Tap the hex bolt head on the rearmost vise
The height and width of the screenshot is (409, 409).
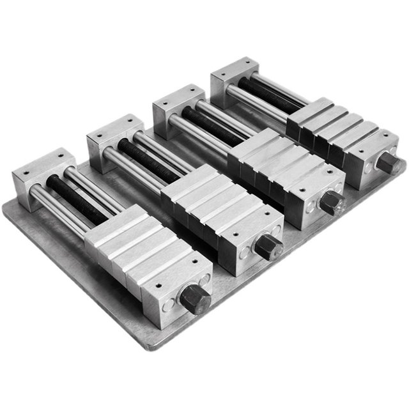pyautogui.click(x=388, y=162)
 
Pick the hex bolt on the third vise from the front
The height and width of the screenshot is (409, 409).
pyautogui.click(x=332, y=203)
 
